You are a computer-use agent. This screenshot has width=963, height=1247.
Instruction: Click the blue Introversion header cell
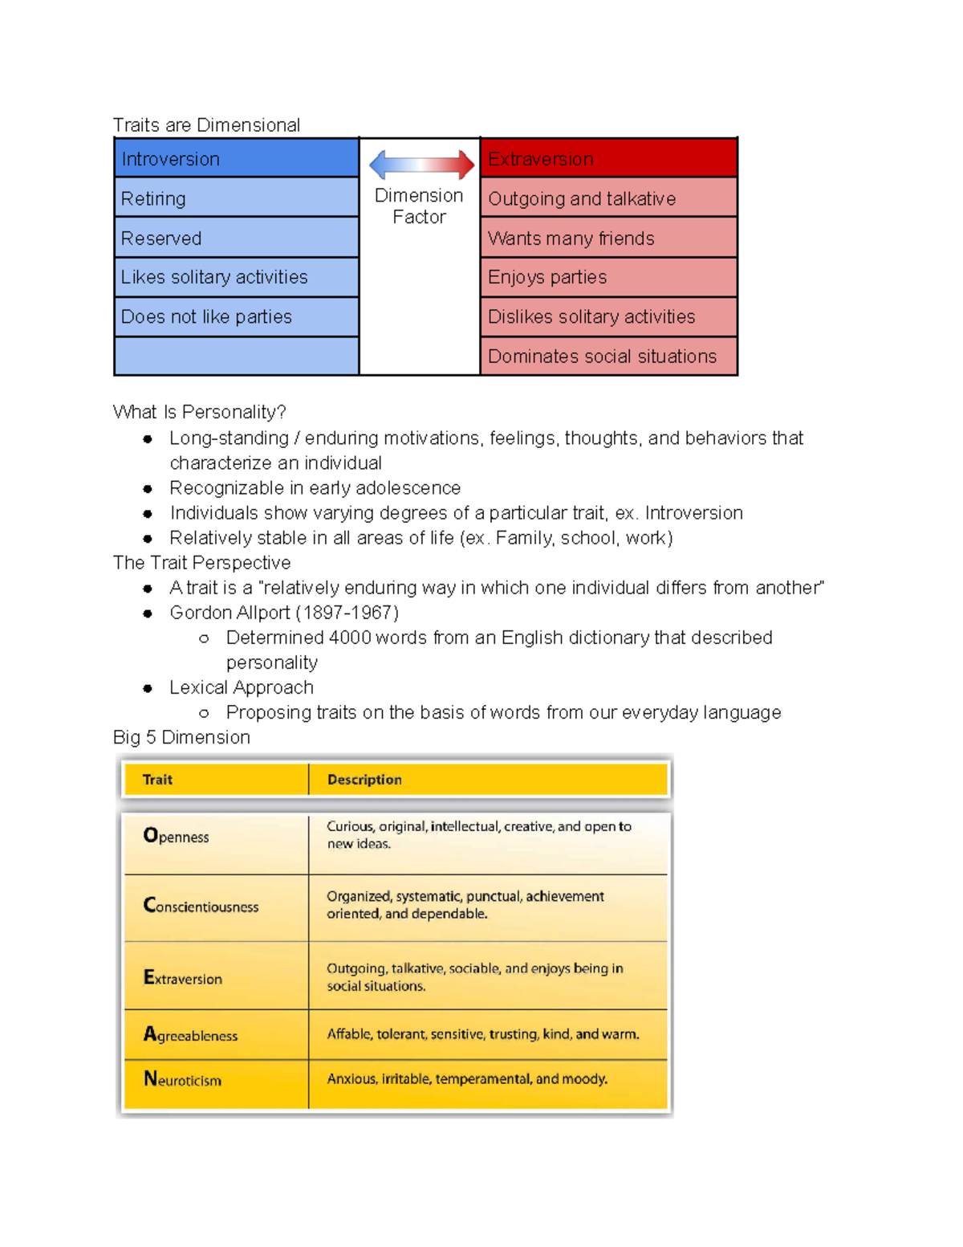[236, 158]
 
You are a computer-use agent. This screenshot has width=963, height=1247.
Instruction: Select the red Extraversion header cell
[608, 158]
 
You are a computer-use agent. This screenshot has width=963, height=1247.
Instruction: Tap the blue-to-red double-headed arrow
[421, 165]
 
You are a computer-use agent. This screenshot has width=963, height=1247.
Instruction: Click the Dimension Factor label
[419, 206]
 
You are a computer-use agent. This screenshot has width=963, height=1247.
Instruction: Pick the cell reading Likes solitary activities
[236, 277]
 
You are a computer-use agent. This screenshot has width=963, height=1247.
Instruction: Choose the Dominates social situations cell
[608, 356]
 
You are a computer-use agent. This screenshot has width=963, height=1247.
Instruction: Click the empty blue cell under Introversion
[236, 356]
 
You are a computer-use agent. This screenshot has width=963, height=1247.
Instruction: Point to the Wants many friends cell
[608, 238]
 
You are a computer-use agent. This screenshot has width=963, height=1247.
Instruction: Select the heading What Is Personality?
[199, 412]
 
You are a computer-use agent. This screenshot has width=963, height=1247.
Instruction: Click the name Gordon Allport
[230, 613]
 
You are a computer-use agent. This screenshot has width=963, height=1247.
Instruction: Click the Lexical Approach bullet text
[242, 687]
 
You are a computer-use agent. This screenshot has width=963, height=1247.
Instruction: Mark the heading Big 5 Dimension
[181, 737]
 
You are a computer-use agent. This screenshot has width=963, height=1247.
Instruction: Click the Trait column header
[157, 780]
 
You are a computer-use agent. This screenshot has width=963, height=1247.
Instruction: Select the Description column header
[364, 780]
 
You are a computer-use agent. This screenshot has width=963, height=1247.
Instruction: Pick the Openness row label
[176, 836]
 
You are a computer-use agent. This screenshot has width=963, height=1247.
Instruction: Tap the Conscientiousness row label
[201, 906]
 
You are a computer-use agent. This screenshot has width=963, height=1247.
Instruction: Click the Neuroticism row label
[182, 1080]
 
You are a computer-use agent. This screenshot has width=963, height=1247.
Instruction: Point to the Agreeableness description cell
[483, 1034]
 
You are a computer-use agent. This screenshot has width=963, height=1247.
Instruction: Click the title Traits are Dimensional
[206, 125]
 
